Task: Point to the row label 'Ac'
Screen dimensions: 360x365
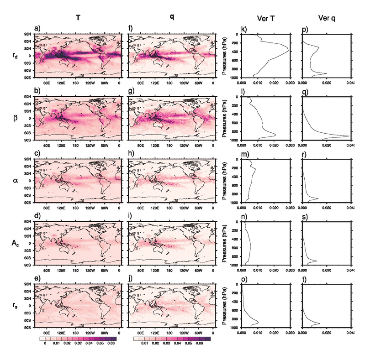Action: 15,243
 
